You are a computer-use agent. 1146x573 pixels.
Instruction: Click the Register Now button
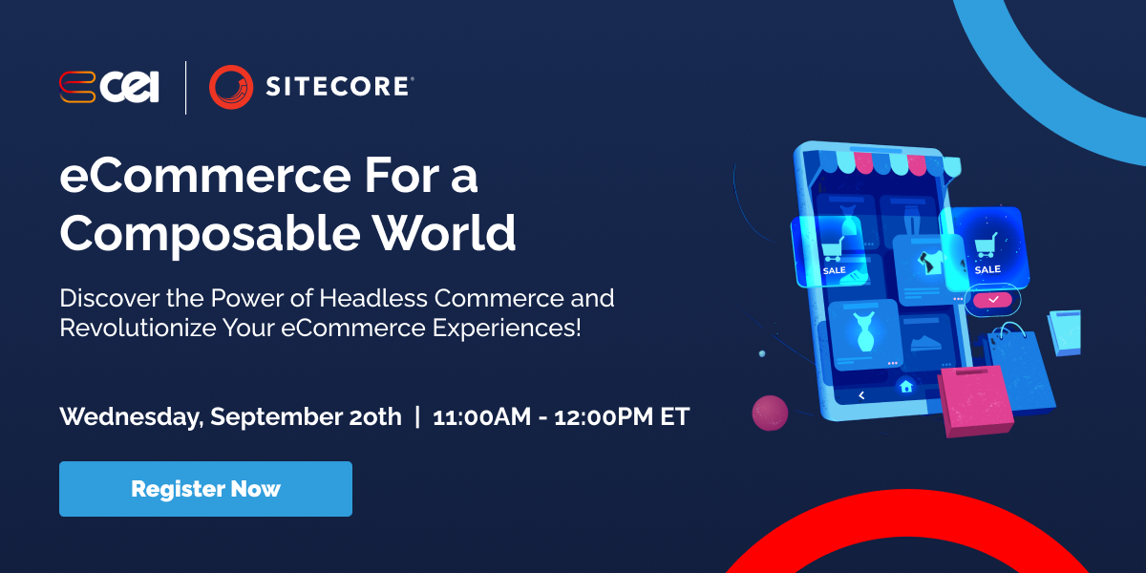[x=205, y=489]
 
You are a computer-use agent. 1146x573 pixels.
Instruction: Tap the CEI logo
[x=107, y=87]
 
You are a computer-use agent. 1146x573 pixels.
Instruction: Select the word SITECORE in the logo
[x=338, y=87]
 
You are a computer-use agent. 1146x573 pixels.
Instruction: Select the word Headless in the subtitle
[x=373, y=297]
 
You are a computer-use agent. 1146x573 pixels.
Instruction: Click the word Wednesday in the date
[x=131, y=417]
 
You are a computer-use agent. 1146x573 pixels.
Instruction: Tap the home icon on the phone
[x=905, y=387]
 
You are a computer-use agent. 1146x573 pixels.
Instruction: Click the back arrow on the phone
[x=861, y=394]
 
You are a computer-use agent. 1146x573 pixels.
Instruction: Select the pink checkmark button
[x=993, y=300]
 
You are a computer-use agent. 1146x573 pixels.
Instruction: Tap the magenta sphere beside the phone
[x=770, y=413]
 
